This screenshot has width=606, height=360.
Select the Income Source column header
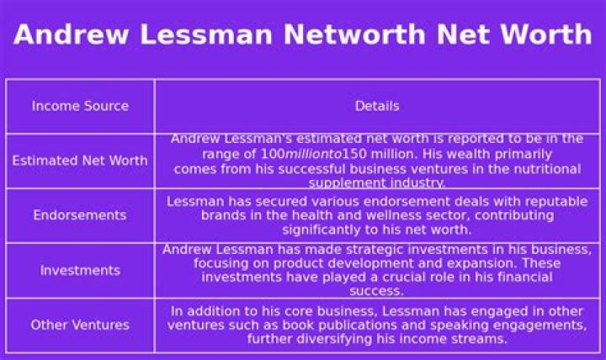(x=80, y=106)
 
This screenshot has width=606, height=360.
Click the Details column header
(x=377, y=106)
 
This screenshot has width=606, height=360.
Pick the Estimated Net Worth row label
(x=80, y=161)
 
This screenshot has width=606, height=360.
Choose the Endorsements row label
(x=80, y=215)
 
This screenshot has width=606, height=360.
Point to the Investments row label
(x=80, y=270)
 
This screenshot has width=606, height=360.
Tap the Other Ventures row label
(x=80, y=325)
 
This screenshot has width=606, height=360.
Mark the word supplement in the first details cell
(x=343, y=183)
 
